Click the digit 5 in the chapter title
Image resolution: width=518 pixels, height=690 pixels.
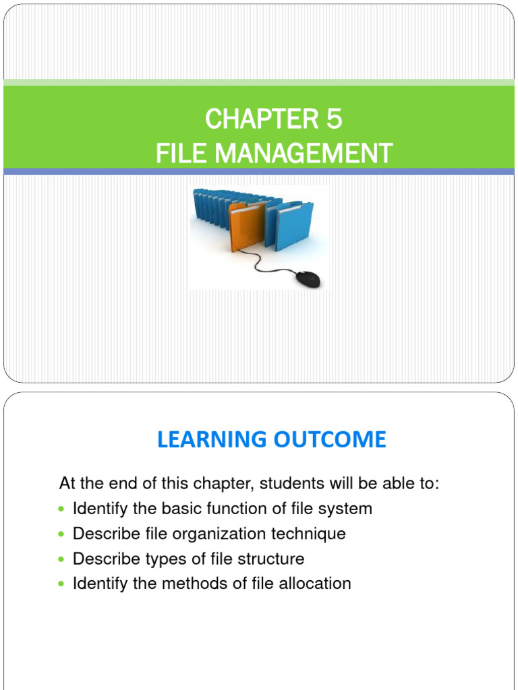pos(333,120)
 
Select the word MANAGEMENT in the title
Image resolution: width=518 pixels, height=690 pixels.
pos(302,154)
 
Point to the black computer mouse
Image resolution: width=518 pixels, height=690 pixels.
pos(308,278)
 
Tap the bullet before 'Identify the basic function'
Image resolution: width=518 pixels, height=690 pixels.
pos(63,509)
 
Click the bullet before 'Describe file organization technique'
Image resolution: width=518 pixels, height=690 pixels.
pos(63,534)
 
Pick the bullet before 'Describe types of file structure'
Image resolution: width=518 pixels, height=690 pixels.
pos(63,559)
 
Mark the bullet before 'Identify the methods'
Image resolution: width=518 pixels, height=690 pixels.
pos(63,584)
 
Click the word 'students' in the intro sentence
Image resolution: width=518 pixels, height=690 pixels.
pos(287,484)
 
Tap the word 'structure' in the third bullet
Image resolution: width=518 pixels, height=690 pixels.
pos(272,559)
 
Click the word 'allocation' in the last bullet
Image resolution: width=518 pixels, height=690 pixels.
pos(320,584)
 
